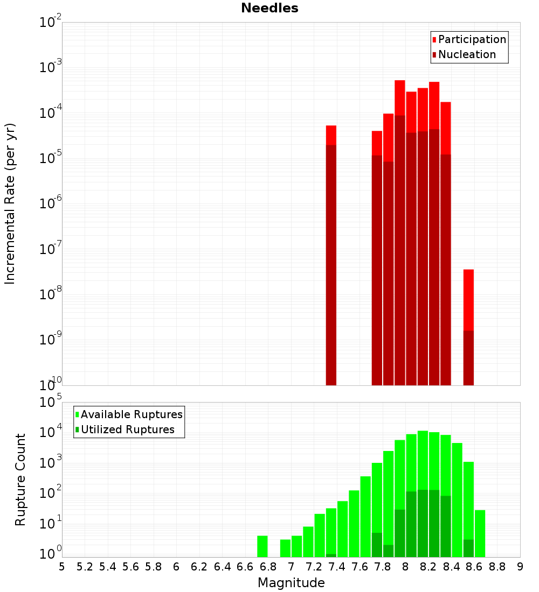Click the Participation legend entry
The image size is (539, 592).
[472, 39]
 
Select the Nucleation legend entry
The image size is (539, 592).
[466, 54]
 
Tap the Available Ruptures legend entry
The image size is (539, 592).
[131, 414]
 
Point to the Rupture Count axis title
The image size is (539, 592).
[20, 479]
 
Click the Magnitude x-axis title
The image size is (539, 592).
[291, 583]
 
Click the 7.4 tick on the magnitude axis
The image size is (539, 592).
[337, 567]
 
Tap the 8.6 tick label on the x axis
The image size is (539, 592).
[474, 567]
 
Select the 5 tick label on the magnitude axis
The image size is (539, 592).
[62, 567]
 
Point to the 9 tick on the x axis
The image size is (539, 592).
[520, 567]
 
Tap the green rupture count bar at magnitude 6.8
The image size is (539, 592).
[262, 546]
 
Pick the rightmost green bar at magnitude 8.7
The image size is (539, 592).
[480, 533]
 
